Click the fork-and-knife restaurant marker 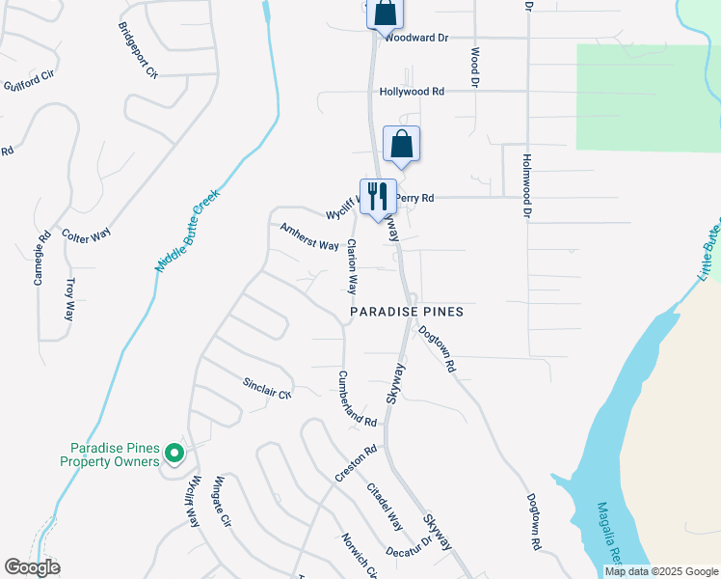point(377,196)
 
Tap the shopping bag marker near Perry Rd point(402,144)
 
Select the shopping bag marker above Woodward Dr point(384,13)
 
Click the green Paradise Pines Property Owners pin point(174,453)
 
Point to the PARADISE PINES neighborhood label point(407,312)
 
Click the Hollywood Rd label point(412,92)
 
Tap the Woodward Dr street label point(416,39)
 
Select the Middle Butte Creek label point(188,230)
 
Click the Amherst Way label point(309,236)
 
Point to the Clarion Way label point(353,267)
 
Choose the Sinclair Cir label point(267,388)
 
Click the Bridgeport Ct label point(139,51)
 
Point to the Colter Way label point(86,235)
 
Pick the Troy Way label point(69,300)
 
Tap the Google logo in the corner point(32,567)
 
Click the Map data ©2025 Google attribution point(660,571)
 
